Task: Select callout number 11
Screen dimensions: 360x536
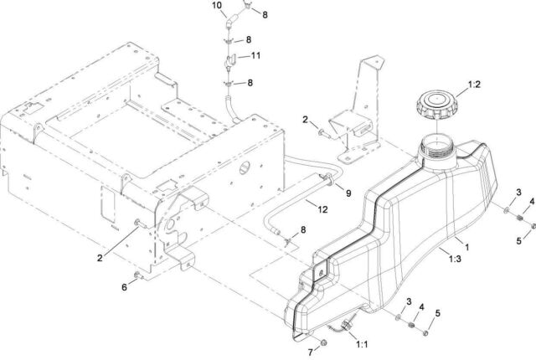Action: point(256,56)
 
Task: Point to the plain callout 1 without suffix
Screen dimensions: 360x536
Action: point(466,247)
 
